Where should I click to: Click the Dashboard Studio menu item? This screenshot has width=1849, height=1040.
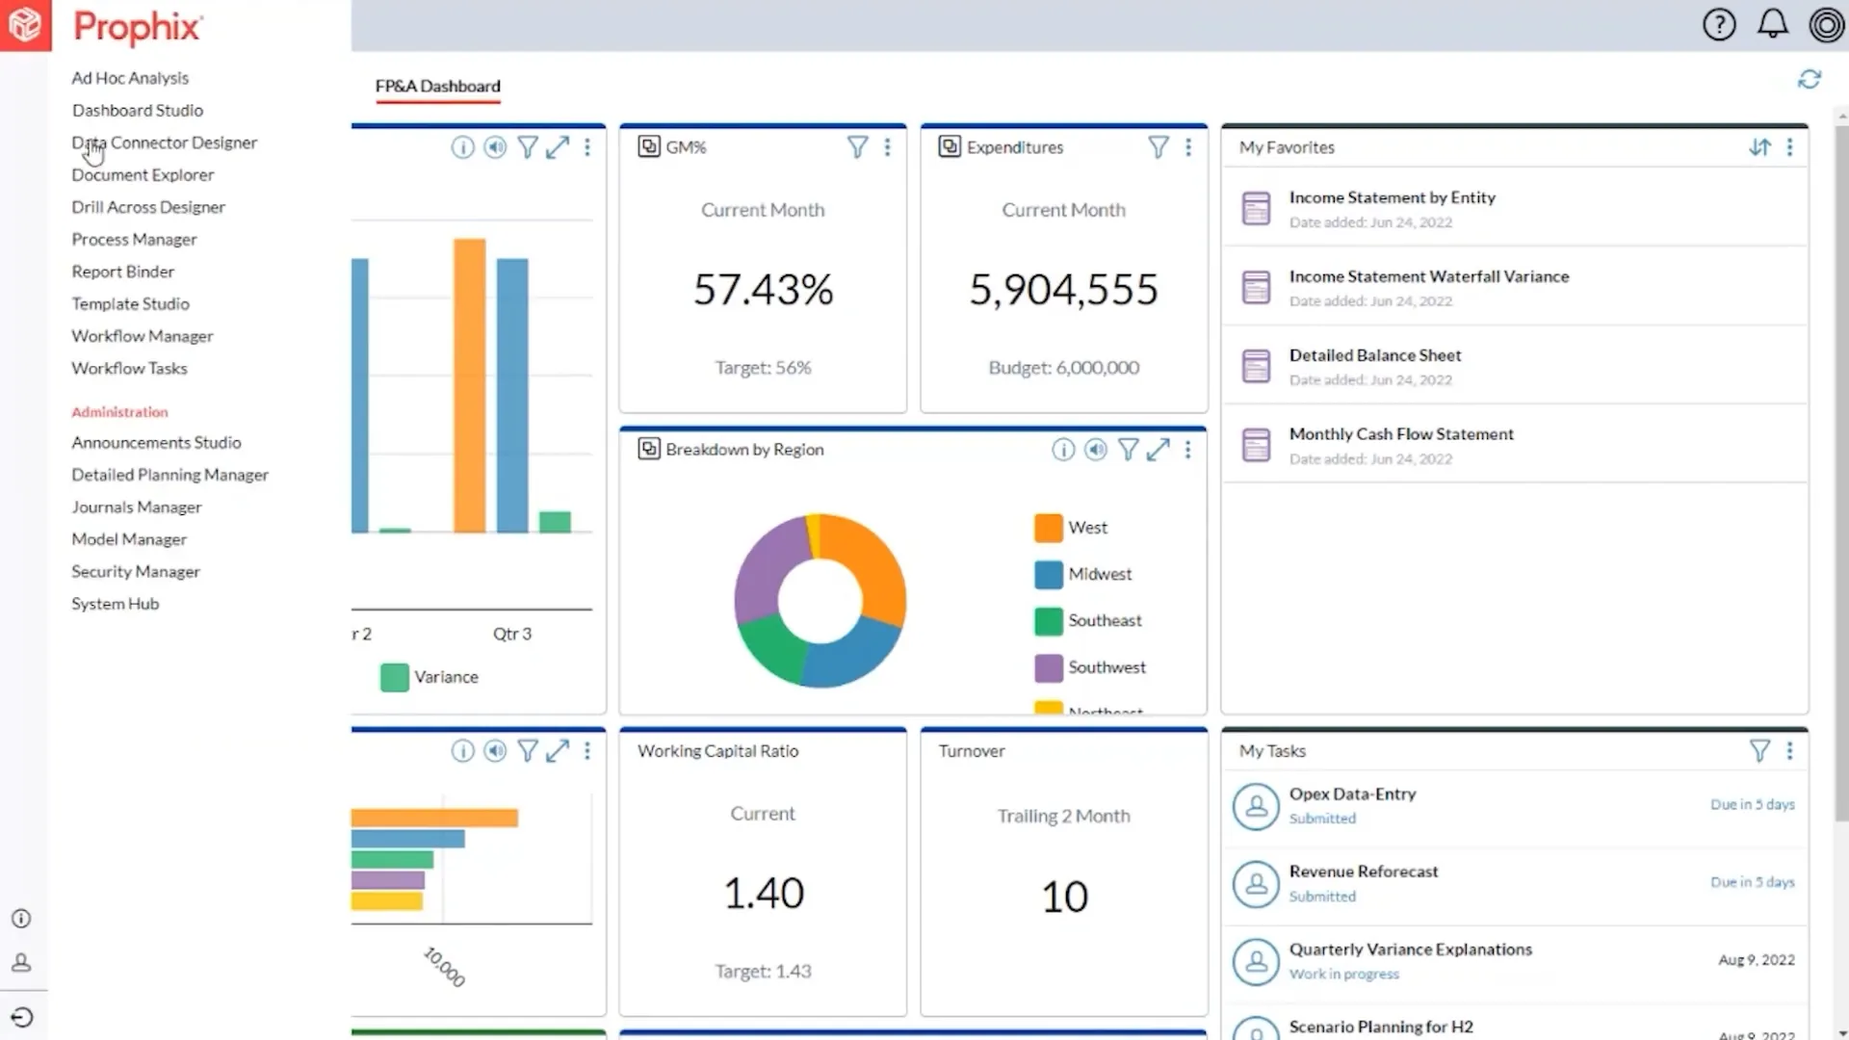[137, 111]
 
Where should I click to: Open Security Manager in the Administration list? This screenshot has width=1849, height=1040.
[136, 571]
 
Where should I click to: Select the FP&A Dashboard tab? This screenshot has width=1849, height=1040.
[437, 86]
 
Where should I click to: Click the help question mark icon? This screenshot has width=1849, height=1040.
[1719, 24]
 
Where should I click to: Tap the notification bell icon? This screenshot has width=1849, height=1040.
[1772, 24]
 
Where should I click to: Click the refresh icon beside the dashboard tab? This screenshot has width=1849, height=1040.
[1809, 79]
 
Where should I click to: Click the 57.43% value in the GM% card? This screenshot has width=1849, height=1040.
[763, 289]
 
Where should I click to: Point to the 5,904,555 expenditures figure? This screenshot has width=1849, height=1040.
[1063, 289]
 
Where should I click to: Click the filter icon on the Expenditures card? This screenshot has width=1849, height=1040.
[1158, 147]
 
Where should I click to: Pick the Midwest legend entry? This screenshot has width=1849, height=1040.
[1099, 574]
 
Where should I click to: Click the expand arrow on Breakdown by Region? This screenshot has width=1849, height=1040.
[1158, 450]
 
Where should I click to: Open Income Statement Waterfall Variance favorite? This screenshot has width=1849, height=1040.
[1428, 276]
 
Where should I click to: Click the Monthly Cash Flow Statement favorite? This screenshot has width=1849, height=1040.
[1400, 434]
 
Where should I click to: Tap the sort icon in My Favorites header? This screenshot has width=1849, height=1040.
[1759, 147]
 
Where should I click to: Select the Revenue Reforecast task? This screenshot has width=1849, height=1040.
[1363, 871]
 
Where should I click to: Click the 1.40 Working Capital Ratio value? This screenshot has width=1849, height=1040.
[763, 893]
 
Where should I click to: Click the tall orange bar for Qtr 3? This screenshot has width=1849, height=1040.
[469, 385]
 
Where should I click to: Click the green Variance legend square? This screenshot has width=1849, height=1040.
[394, 678]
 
